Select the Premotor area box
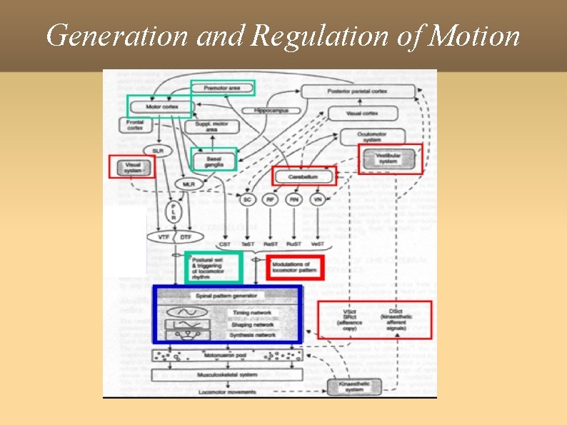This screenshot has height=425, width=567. point(222,89)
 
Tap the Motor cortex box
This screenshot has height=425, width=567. point(160,107)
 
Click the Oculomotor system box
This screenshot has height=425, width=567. point(372,136)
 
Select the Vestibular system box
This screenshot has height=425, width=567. point(389,158)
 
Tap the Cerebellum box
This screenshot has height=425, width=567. point(303,176)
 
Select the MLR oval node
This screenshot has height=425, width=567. point(189,184)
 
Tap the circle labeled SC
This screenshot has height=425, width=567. point(247,200)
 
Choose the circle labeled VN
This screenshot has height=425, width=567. point(317,200)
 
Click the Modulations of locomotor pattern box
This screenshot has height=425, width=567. point(294,268)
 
